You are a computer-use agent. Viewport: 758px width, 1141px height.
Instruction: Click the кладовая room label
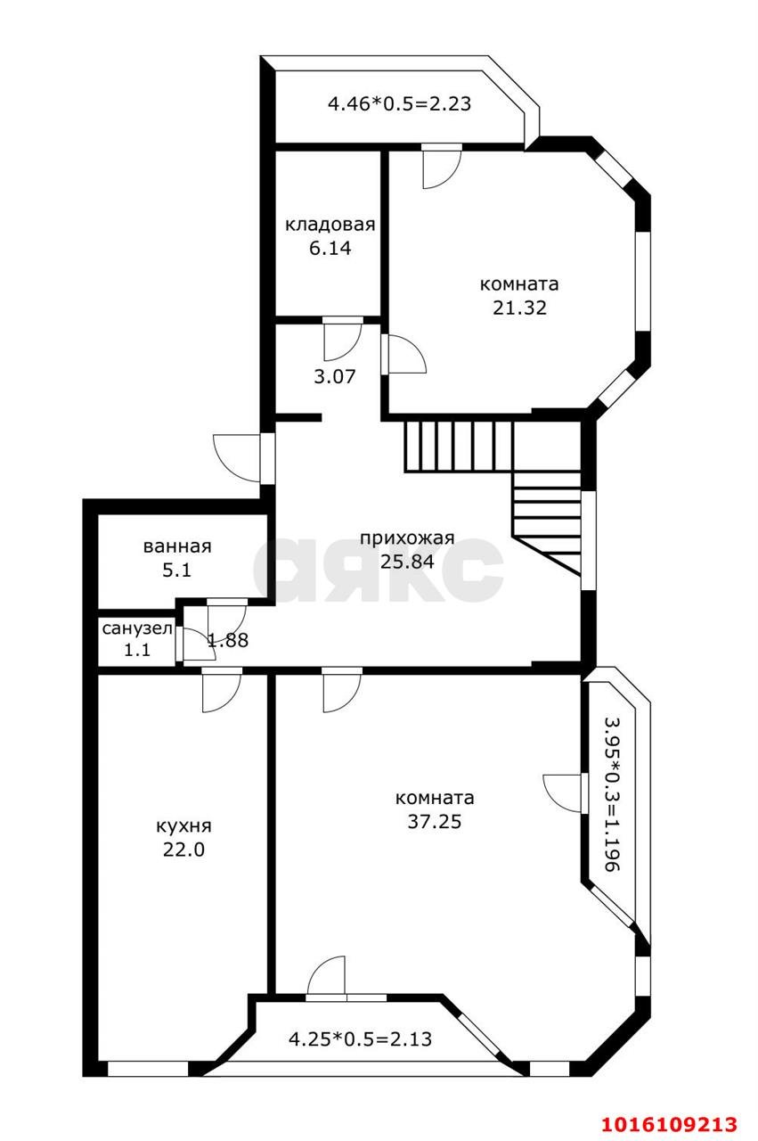[x=330, y=224]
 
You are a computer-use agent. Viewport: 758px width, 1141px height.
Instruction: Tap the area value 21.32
[x=519, y=308]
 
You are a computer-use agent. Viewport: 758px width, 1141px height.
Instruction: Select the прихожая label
[x=407, y=538]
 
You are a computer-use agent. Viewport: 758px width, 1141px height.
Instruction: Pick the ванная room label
[x=177, y=546]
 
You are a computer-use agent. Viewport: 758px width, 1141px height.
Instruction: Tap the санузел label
[x=137, y=628]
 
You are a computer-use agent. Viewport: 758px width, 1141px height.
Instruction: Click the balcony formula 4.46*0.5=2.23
[x=400, y=104]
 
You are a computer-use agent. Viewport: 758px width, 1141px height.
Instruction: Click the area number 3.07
[x=334, y=377]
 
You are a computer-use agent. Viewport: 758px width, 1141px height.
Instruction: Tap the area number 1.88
[x=228, y=640]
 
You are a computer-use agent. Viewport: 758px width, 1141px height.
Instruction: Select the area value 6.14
[x=330, y=249]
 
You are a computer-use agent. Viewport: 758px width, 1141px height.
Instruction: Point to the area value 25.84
[x=407, y=562]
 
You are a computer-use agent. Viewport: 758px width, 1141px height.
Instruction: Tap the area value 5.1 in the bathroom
[x=176, y=570]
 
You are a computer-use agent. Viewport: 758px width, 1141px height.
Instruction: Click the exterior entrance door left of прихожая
[x=244, y=457]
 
